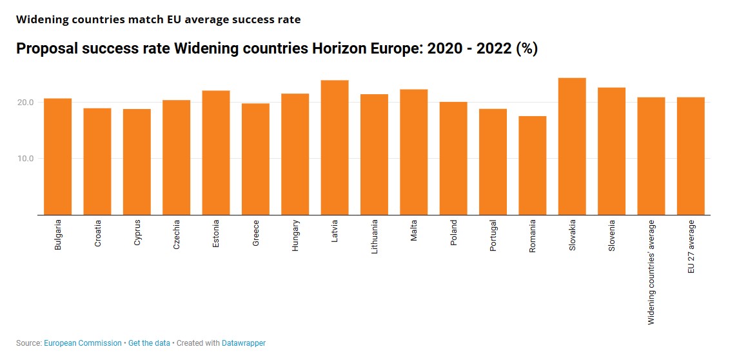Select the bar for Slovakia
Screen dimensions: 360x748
tap(572, 146)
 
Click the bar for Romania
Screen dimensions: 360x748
tap(533, 165)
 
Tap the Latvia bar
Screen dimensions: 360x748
tap(335, 148)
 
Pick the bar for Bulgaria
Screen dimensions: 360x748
tap(58, 157)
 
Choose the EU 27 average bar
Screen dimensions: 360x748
tap(691, 156)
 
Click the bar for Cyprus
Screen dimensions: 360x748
tap(137, 162)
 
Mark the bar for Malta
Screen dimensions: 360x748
tap(413, 152)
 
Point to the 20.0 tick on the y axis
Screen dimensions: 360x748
tap(26, 103)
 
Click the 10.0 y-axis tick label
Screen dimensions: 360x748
tap(26, 159)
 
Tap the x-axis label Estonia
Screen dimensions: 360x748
tap(216, 235)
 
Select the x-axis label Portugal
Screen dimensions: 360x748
tap(493, 236)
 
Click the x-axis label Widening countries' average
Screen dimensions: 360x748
tap(651, 272)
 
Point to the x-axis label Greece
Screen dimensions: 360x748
tap(256, 234)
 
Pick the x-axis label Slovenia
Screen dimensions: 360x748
tap(612, 236)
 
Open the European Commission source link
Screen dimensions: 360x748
tap(83, 343)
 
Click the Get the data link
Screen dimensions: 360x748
tap(149, 343)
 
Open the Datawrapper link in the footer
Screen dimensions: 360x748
tap(243, 343)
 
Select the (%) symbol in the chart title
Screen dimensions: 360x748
tap(527, 49)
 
